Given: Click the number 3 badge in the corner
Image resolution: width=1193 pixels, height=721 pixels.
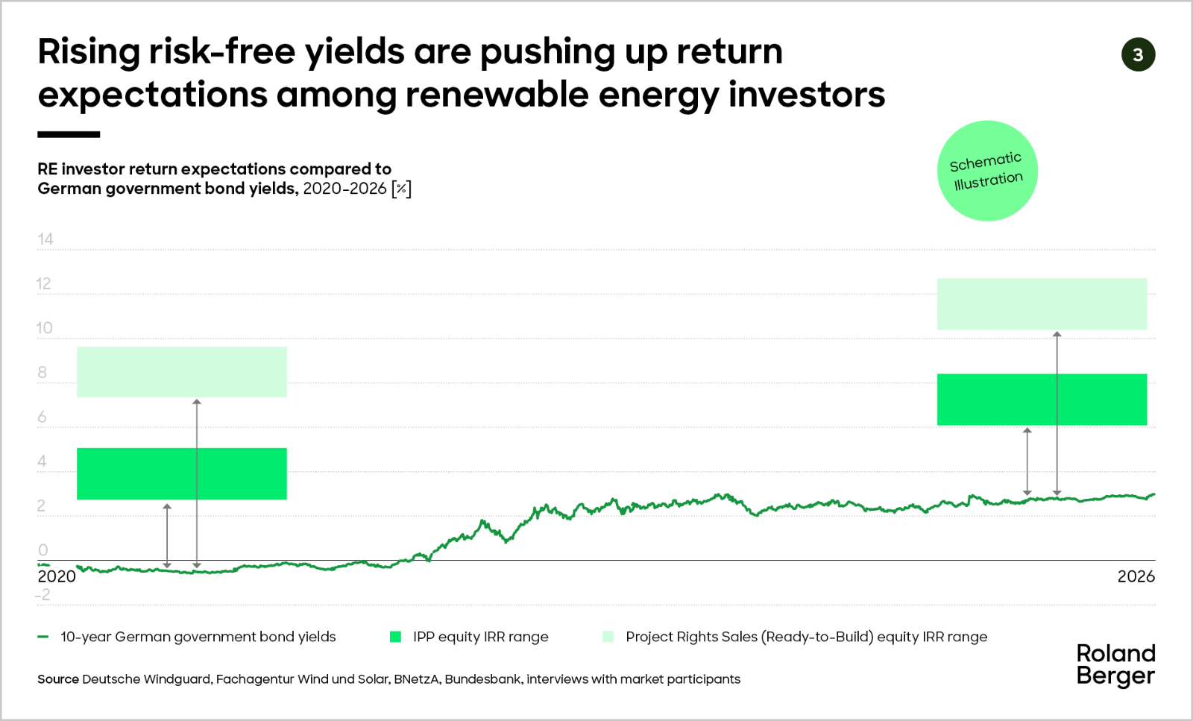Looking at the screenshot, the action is [x=1138, y=55].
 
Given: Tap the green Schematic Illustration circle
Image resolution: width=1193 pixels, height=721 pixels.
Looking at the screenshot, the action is [x=987, y=171].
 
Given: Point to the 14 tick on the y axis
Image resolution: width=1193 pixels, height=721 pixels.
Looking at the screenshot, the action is [x=45, y=239].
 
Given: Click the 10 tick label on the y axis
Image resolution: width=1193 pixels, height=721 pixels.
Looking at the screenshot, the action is [x=45, y=328].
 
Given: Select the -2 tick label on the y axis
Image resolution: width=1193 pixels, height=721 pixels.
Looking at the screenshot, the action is [x=43, y=595].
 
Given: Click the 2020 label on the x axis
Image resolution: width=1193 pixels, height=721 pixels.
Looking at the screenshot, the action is [x=57, y=576].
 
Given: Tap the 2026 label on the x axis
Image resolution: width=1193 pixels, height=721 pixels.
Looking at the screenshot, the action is [x=1136, y=576].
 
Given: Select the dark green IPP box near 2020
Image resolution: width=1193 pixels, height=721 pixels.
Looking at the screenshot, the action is [x=182, y=473].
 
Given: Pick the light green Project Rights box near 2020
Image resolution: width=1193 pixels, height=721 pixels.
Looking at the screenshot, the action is [x=182, y=371].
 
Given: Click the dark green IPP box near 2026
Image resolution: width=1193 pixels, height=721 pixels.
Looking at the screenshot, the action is [x=1042, y=400].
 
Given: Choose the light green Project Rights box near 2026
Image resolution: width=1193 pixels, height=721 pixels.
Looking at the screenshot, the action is [x=1042, y=303].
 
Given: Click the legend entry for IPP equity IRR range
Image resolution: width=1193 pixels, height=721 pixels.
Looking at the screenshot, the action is [x=469, y=637].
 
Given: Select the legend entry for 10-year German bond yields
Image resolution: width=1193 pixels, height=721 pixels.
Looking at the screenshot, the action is [x=186, y=637].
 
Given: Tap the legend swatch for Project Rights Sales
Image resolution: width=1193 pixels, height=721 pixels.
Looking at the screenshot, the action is [x=608, y=637].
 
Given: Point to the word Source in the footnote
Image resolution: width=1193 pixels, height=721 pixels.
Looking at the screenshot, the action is [x=58, y=679].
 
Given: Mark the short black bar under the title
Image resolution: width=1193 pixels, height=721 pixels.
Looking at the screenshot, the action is [x=69, y=135].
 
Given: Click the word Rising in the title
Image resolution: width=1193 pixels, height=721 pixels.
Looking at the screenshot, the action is [x=89, y=53].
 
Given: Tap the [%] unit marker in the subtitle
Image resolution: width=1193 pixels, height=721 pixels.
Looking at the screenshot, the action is [x=402, y=189].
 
